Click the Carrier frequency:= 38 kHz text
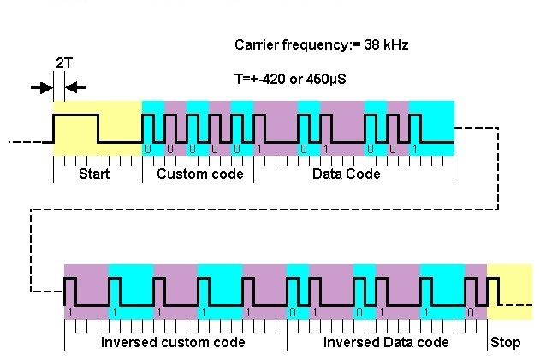[x=321, y=44]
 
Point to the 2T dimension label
[x=63, y=63]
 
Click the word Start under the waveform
[x=94, y=174]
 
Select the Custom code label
[x=199, y=174]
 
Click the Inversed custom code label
[x=173, y=343]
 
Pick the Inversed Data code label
[x=386, y=343]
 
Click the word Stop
[x=505, y=343]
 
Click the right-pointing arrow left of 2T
[x=41, y=86]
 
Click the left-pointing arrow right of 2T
[x=75, y=86]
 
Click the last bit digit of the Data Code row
[x=414, y=150]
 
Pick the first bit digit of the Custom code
[x=148, y=150]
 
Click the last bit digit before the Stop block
[x=470, y=313]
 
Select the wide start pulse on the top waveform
[x=76, y=114]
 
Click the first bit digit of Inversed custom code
[x=68, y=313]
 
